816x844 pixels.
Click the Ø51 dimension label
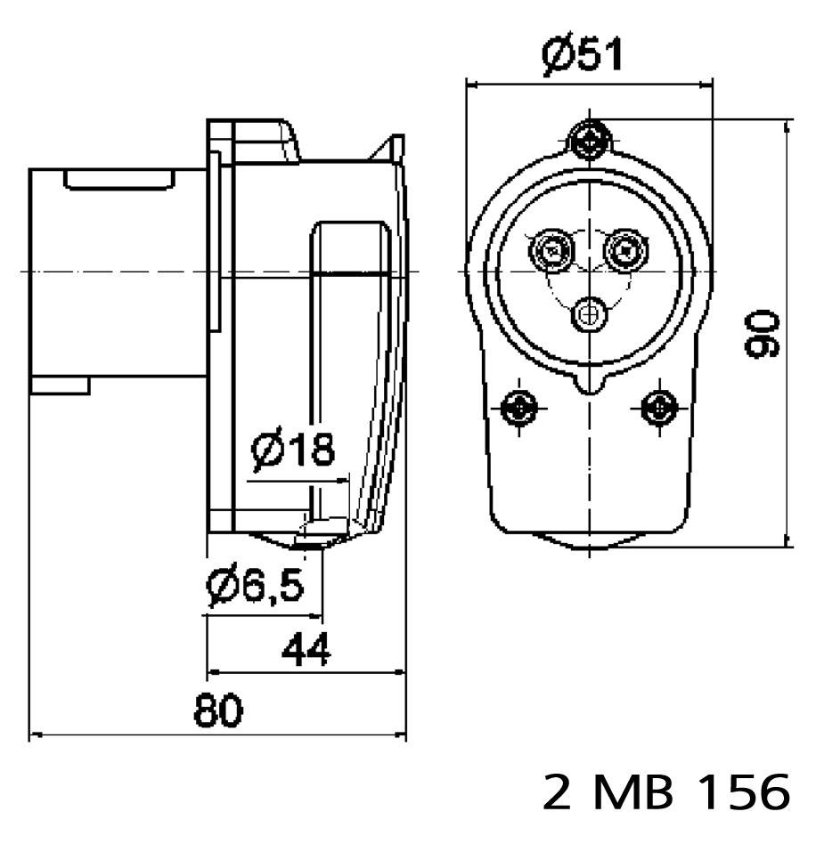583,55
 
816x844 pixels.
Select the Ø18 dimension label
293,450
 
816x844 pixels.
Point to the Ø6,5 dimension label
255,585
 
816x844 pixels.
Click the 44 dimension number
306,649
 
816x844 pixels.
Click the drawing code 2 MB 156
665,791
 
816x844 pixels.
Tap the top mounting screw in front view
589,138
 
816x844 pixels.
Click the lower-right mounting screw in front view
658,409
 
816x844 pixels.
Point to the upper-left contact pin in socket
551,252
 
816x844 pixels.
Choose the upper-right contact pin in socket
626,252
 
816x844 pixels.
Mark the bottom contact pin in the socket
589,312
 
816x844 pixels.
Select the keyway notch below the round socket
589,384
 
